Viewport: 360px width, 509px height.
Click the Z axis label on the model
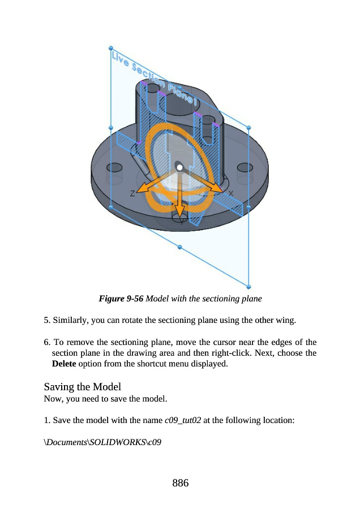coord(132,193)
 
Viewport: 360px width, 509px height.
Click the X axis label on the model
coord(231,193)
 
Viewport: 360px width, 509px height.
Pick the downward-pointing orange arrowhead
coord(180,212)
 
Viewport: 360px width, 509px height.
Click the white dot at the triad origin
coord(179,167)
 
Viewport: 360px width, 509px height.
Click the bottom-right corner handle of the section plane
coord(249,286)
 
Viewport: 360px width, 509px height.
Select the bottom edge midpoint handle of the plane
coord(180,247)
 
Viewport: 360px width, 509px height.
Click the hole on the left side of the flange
coord(115,167)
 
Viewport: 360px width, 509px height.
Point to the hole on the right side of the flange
coord(245,167)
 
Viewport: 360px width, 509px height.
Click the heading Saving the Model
coord(83,387)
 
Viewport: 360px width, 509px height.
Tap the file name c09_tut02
coord(182,420)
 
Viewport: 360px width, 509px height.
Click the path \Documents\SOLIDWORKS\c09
coord(102,442)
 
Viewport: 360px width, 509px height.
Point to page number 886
coord(180,483)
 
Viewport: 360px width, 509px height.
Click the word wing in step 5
coord(285,321)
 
